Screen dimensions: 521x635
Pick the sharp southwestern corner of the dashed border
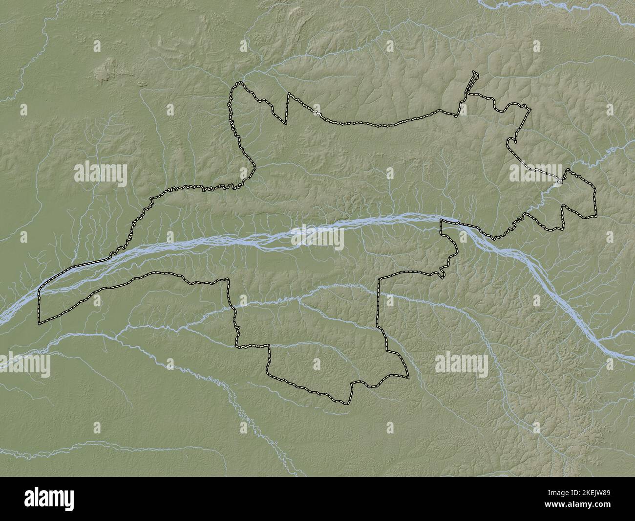[40, 323]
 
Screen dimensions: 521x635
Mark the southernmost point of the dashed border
[348, 404]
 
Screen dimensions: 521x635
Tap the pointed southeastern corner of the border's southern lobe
[407, 378]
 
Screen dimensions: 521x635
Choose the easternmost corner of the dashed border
[596, 215]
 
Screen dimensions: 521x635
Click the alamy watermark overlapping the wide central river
[317, 237]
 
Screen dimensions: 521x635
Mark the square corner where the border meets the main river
[441, 221]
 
